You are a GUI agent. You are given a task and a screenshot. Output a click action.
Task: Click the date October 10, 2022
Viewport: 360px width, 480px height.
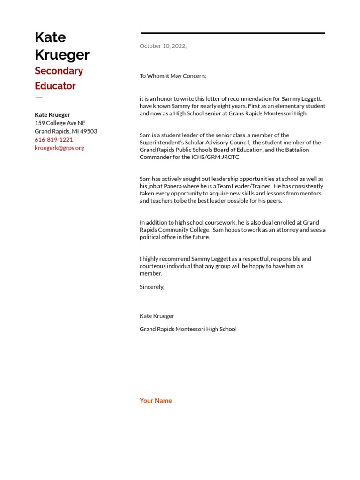point(163,46)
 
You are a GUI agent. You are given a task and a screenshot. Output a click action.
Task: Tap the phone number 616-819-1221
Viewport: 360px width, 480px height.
point(54,140)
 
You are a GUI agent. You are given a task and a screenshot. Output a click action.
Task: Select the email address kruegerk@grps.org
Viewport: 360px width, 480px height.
point(60,148)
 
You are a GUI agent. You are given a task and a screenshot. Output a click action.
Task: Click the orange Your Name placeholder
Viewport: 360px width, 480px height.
point(156,401)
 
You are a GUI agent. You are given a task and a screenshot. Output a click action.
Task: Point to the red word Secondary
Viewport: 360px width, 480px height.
point(59,71)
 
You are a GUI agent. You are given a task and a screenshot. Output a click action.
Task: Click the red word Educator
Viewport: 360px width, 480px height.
point(55,86)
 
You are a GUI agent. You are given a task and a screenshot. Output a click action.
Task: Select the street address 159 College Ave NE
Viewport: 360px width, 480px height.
point(60,123)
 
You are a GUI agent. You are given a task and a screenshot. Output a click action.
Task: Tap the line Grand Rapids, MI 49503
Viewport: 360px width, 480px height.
point(66,131)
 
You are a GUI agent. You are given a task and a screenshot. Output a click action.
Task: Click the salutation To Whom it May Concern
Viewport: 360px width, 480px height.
point(172,76)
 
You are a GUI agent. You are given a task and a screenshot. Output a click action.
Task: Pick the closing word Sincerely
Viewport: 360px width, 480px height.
point(152,287)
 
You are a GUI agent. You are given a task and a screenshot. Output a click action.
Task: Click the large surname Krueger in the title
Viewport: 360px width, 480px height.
point(62,55)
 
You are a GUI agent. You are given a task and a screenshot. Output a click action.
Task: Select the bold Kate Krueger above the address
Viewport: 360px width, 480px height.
point(52,115)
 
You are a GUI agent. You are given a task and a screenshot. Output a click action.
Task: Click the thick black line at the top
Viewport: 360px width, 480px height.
point(232,33)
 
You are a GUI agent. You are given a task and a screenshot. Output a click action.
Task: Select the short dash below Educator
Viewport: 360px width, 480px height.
point(38,97)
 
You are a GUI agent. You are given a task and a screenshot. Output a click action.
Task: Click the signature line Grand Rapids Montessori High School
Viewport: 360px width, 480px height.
point(188,329)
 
